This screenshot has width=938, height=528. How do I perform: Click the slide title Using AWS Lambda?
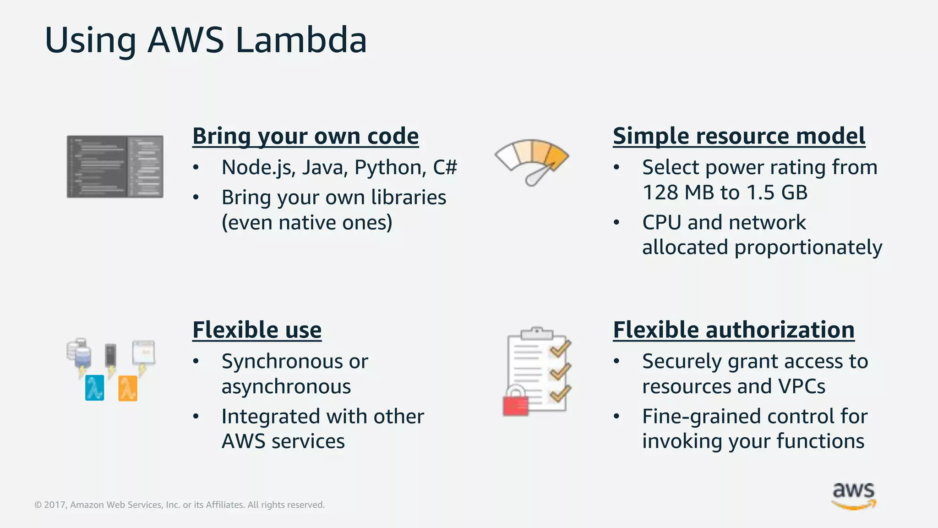pos(206,40)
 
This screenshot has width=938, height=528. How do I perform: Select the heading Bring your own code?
pos(305,136)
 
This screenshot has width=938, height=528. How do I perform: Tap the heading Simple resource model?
pos(739,136)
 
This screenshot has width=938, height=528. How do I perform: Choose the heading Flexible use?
pos(256,330)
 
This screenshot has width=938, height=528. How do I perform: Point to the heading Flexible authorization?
pos(733,330)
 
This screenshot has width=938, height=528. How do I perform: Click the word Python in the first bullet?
pos(390,168)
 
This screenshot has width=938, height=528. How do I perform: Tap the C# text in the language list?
pos(445,167)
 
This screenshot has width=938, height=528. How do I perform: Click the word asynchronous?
pos(286,387)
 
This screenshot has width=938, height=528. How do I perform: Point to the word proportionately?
pos(808,248)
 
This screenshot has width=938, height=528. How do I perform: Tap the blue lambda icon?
pos(94,388)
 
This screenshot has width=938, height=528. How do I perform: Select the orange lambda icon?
pos(128,388)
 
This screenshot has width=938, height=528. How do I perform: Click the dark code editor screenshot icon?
pos(115,166)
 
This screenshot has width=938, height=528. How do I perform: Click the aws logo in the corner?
pos(853,495)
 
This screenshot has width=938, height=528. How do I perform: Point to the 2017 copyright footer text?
pos(179,505)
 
